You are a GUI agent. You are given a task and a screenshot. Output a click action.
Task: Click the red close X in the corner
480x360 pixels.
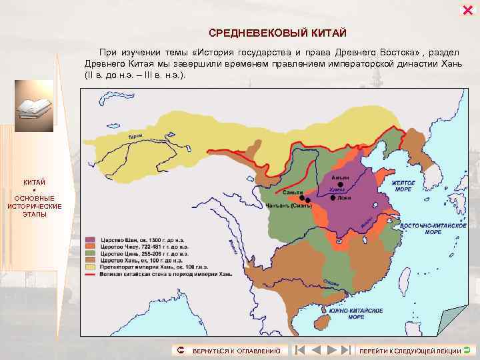(467, 9)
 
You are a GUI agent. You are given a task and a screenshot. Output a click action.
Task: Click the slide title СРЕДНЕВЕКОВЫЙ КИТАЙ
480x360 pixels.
(277, 33)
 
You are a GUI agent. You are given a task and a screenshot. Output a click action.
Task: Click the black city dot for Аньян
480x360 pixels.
(341, 185)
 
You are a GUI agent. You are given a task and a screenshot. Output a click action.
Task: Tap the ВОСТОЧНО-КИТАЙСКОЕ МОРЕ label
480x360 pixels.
(433, 228)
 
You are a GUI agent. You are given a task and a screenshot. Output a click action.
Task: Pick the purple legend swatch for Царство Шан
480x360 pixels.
(90, 239)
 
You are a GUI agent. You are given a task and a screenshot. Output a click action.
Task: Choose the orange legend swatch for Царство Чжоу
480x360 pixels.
(90, 247)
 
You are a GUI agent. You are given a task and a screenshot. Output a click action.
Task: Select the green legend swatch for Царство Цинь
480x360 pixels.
(90, 254)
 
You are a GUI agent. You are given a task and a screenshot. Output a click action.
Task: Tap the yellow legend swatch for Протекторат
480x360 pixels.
(90, 268)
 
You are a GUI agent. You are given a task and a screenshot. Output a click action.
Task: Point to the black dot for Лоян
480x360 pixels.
(333, 197)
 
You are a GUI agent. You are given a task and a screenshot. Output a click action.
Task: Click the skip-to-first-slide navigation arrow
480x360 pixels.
(300, 349)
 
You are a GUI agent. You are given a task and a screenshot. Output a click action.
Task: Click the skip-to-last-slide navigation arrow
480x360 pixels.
(345, 349)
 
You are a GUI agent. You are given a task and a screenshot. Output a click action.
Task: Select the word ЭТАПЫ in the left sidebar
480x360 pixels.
(35, 214)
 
